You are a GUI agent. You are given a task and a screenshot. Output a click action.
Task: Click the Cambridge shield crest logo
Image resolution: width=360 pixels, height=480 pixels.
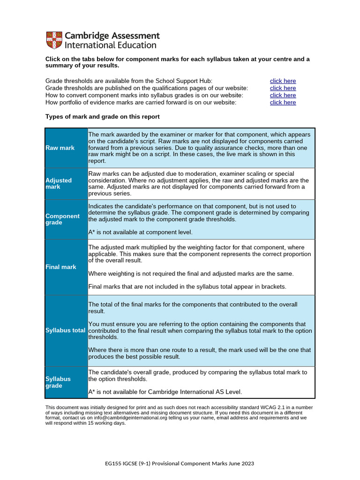coord(53,40)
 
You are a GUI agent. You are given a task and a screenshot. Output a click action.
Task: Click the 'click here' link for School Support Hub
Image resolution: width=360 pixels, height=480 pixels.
coord(283,81)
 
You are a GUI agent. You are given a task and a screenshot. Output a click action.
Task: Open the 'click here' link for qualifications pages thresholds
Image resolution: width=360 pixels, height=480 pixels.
coord(283,88)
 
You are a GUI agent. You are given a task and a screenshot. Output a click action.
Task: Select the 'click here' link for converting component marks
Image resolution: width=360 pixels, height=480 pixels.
coord(283,95)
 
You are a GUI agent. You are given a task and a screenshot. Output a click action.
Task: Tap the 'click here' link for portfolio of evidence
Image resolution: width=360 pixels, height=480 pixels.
coord(283,102)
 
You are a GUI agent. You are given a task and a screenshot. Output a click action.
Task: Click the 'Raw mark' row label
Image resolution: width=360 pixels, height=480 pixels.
coord(60,148)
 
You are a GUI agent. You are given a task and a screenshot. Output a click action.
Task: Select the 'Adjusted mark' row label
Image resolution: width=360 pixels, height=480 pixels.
coord(59,183)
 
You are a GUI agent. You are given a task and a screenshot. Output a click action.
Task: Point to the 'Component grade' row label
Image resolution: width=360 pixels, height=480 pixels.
coord(62,219)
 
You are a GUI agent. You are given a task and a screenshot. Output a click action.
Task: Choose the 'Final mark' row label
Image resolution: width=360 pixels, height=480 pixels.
coord(61,267)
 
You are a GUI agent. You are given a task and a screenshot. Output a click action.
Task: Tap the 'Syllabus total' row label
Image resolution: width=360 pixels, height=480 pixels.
coord(66,330)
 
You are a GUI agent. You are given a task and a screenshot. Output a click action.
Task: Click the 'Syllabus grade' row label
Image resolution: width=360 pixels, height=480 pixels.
coord(58,382)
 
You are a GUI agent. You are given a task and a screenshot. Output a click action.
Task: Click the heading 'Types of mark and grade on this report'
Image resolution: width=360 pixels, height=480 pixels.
coord(102,117)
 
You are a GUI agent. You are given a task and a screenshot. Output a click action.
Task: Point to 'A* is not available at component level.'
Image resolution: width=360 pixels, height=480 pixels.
coord(140,232)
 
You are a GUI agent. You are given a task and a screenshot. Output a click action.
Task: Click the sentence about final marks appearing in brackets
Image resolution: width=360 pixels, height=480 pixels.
coord(187,286)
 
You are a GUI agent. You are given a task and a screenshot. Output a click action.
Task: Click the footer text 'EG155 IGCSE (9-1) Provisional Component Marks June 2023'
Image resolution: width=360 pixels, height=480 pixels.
coord(180,464)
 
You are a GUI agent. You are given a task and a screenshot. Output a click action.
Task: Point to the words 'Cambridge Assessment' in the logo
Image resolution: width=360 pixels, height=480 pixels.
coord(112,36)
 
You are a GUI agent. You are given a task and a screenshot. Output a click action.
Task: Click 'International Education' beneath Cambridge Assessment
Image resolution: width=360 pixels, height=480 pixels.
coord(110,45)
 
